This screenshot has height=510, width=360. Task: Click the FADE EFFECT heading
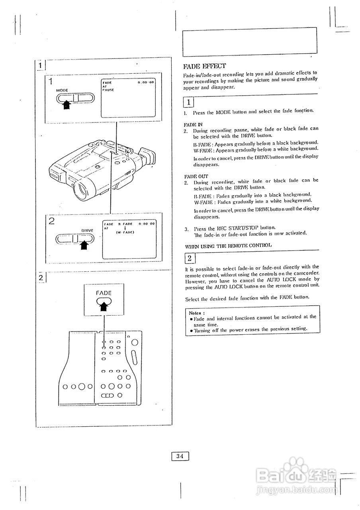point(204,66)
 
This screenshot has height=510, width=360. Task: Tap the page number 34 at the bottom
point(180,456)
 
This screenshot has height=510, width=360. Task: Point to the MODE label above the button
point(62,90)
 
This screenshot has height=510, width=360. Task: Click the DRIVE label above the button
point(87,230)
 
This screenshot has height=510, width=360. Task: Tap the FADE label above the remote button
point(104,293)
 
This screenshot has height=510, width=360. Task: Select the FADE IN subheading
point(193,124)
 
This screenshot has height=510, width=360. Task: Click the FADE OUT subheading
point(196,176)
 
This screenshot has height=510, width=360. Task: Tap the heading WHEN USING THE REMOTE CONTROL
point(228,245)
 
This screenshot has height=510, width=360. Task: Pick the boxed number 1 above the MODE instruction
point(189,102)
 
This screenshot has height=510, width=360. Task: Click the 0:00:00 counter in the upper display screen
point(146,82)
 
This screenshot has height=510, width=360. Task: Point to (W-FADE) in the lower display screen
point(125,232)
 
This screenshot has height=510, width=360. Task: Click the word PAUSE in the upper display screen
point(108,90)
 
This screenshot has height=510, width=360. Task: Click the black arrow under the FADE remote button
point(104,306)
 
